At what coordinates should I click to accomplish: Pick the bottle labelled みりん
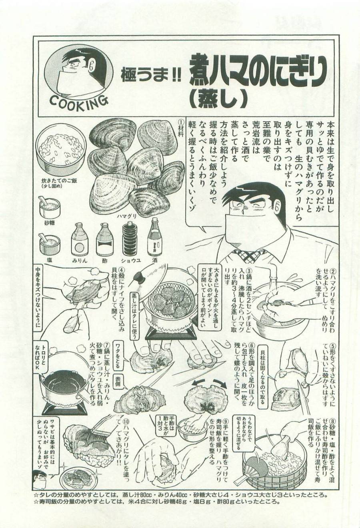(x=79, y=240)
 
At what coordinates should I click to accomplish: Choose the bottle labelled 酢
(x=104, y=240)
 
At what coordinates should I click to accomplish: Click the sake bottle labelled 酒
(x=154, y=238)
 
